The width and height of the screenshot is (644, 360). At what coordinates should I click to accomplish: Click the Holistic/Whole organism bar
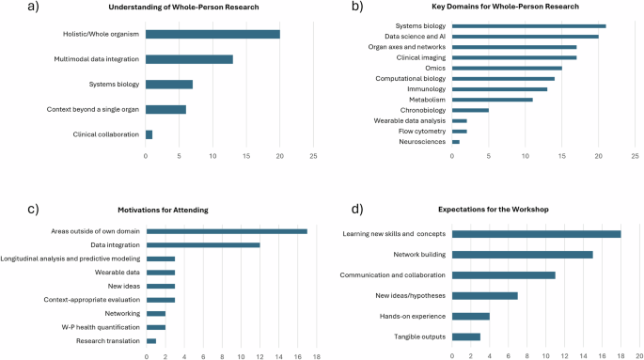(212, 35)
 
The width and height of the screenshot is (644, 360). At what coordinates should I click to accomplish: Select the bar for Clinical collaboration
(149, 134)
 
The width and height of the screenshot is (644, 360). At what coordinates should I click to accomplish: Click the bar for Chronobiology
(471, 110)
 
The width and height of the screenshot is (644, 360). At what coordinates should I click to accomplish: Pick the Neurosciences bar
(455, 141)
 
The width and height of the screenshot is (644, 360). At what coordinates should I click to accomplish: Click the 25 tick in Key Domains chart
(636, 155)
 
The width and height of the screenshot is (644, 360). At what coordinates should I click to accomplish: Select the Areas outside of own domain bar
(227, 230)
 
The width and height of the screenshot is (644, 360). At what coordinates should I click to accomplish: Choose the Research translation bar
(151, 340)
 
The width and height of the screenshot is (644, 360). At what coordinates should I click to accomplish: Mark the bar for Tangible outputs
(466, 336)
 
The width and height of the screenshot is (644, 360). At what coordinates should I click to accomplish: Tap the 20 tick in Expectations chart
(637, 356)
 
